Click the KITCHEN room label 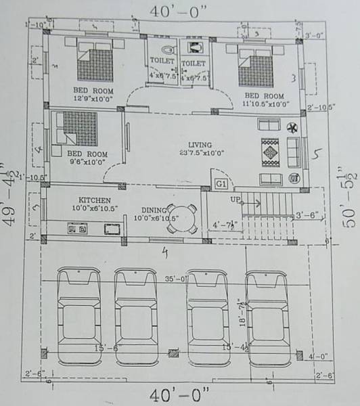point(94,200)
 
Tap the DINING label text point(155,210)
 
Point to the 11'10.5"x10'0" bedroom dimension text point(265,104)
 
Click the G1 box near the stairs point(221,183)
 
